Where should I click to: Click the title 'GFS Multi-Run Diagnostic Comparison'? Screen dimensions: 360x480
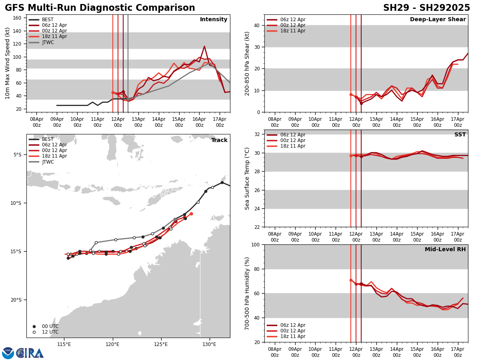point(100,8)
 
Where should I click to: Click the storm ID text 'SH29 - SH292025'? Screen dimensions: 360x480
point(426,8)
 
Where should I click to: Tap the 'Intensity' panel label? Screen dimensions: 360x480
point(214,20)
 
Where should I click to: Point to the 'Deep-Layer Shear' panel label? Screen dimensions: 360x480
point(438,20)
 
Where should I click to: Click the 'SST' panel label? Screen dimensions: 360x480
point(460,135)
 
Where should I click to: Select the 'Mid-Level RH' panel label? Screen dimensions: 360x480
point(445,250)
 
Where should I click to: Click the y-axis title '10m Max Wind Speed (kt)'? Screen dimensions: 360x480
point(8,63)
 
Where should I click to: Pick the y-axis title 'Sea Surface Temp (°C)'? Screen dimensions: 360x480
point(248,178)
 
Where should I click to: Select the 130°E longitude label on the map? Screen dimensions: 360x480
point(209,344)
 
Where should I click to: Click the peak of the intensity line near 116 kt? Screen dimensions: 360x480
point(204,46)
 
